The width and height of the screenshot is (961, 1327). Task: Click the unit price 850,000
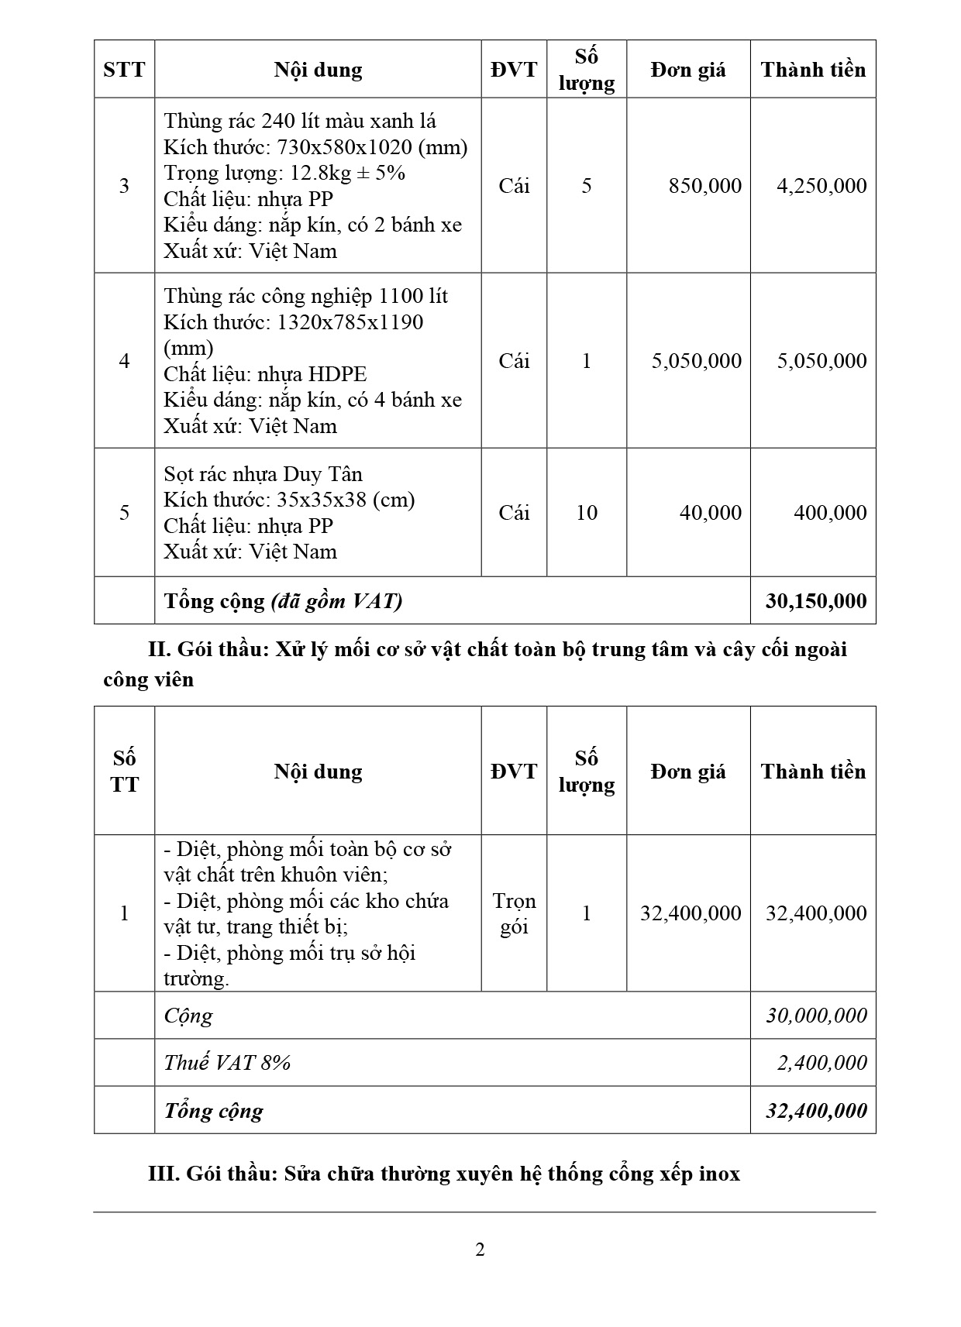(x=704, y=186)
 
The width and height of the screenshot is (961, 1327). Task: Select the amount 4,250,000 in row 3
(x=821, y=186)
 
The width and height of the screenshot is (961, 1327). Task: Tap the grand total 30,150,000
(x=816, y=601)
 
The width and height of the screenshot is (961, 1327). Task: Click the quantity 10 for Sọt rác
(x=587, y=513)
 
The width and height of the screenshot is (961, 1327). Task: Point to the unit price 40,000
(x=710, y=513)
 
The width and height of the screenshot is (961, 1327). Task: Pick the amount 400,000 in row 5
(x=830, y=513)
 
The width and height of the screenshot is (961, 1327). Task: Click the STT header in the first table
(x=124, y=70)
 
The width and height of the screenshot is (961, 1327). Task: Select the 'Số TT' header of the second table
(x=124, y=772)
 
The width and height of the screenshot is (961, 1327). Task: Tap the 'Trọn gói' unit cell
(x=514, y=914)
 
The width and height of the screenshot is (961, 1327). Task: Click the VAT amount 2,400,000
(x=821, y=1063)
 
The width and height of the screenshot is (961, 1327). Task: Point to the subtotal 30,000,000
(x=816, y=1016)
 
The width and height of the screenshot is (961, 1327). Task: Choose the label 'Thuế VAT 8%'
(x=226, y=1063)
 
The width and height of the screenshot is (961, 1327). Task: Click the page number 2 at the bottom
(x=480, y=1250)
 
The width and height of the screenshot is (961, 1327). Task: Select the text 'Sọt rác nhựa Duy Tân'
(x=263, y=474)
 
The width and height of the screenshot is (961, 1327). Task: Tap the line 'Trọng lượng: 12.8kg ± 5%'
(x=284, y=173)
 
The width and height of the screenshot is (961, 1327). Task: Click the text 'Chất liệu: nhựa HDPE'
(x=265, y=374)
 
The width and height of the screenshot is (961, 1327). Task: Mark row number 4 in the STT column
(x=124, y=361)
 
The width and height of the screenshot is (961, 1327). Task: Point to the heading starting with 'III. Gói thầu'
(x=443, y=1174)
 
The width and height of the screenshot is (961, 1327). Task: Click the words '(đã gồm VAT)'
(x=336, y=601)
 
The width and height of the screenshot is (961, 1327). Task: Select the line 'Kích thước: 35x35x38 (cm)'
(x=289, y=500)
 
